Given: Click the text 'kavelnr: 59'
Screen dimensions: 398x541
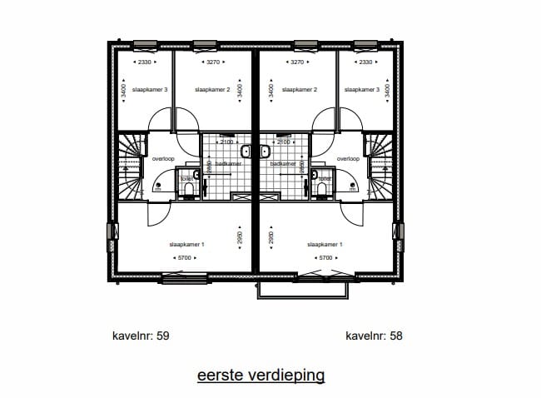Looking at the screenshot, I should click(x=141, y=336).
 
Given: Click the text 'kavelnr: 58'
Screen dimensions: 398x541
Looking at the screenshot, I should click(x=374, y=336).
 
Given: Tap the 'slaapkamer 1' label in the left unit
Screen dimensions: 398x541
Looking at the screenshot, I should click(x=186, y=245).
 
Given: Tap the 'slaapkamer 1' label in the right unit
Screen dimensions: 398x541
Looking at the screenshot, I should click(x=325, y=245).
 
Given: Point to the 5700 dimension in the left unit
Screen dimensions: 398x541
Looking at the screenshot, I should click(x=186, y=258).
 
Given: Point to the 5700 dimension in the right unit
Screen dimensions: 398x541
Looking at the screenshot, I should click(x=325, y=258).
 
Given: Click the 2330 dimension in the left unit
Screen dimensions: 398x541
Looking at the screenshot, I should click(x=144, y=62).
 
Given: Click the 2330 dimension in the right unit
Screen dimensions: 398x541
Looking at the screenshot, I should click(x=366, y=62).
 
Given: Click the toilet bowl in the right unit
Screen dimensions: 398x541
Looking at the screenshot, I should click(x=321, y=192).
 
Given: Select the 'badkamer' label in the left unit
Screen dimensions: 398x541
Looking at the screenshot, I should click(x=227, y=164).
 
